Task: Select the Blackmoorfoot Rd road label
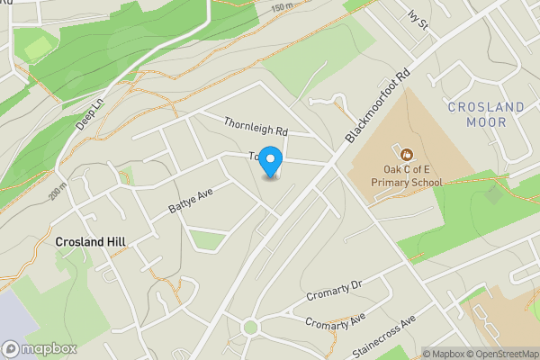pos(378,104)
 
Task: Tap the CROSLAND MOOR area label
pos(486,114)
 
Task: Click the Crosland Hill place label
pos(90,242)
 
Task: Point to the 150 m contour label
pos(282,7)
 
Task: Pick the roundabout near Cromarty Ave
pos(250,327)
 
